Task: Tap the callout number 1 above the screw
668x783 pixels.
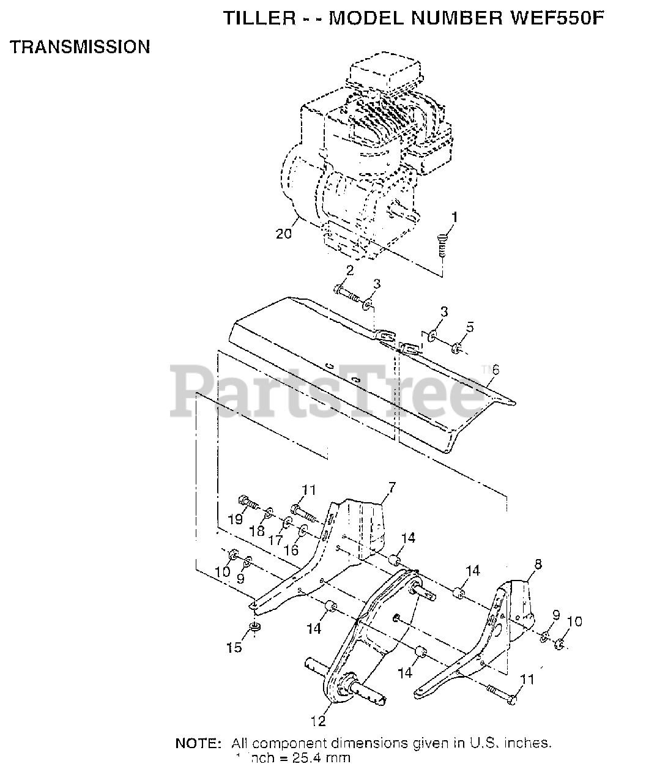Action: tap(453, 217)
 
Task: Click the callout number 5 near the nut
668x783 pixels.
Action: tap(469, 327)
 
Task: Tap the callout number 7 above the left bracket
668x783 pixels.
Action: tap(391, 488)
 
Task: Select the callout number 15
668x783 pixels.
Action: tap(234, 647)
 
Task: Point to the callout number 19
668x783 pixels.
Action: tap(235, 520)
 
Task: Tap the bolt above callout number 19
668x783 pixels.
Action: tap(247, 500)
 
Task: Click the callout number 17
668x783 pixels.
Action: tap(275, 541)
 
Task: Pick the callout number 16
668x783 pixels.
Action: tap(291, 549)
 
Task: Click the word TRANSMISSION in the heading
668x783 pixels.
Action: tap(80, 47)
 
